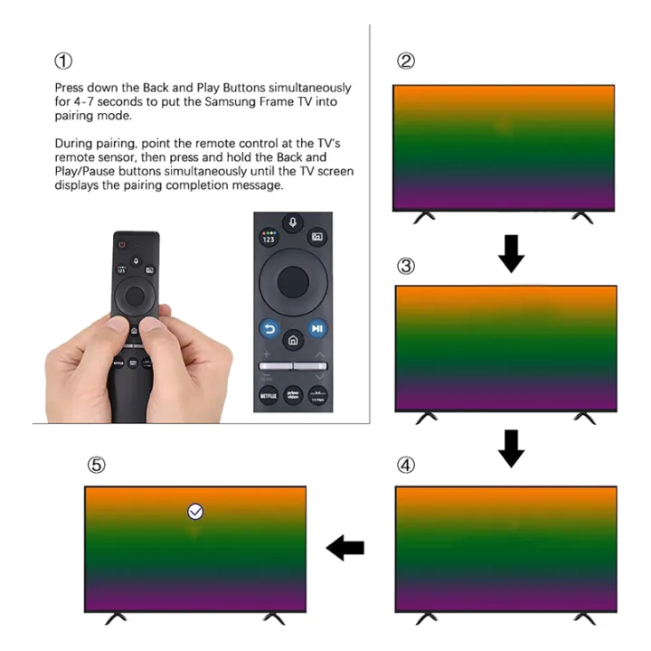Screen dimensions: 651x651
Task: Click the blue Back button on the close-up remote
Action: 269,329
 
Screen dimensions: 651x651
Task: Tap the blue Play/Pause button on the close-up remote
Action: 317,329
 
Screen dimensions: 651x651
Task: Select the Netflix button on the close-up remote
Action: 269,395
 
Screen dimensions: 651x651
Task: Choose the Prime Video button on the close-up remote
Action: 294,395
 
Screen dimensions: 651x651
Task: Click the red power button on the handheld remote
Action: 121,242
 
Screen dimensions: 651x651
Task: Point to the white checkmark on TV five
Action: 195,512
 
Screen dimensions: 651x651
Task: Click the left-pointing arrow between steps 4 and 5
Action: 344,547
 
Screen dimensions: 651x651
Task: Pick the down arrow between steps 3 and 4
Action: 512,448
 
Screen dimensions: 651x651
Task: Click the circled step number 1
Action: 62,61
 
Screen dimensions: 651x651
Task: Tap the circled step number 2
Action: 406,61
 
